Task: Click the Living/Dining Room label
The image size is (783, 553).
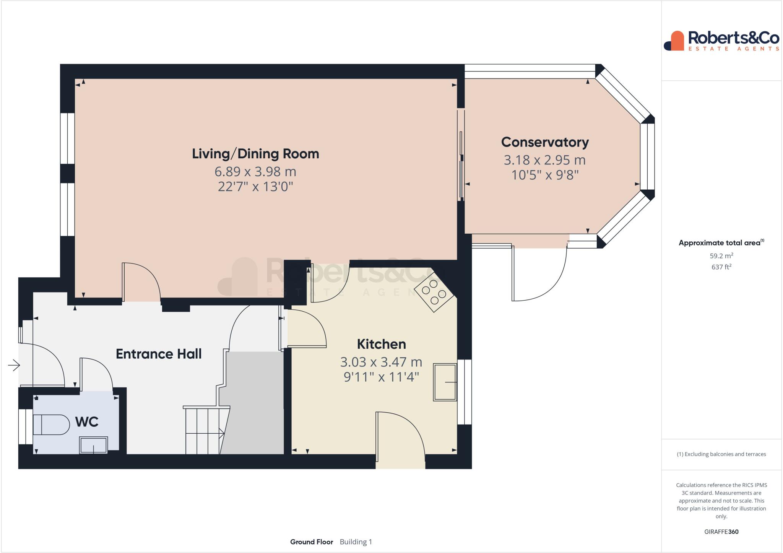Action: (x=255, y=154)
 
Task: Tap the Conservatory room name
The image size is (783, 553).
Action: (x=545, y=142)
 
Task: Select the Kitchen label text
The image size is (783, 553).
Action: (x=381, y=344)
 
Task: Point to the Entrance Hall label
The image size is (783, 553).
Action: (x=159, y=354)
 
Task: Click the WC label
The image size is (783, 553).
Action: (x=87, y=422)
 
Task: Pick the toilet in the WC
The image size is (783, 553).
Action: (x=50, y=425)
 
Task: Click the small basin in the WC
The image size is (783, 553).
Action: (x=93, y=445)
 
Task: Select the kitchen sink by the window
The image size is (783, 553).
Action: (x=445, y=382)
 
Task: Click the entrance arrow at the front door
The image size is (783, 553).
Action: (x=14, y=366)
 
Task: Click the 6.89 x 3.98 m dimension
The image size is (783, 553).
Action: (x=255, y=172)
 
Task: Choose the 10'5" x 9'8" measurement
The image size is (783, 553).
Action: (x=545, y=175)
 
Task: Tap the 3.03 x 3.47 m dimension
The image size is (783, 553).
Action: (x=381, y=362)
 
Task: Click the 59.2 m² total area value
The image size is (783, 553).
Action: (x=721, y=256)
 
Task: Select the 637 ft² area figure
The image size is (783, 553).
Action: (x=721, y=267)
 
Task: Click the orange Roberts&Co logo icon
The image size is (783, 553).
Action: (x=674, y=41)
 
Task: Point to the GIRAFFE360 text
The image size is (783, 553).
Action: (x=721, y=532)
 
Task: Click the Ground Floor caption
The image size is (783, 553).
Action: (x=312, y=542)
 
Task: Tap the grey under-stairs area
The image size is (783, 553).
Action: (x=254, y=402)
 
